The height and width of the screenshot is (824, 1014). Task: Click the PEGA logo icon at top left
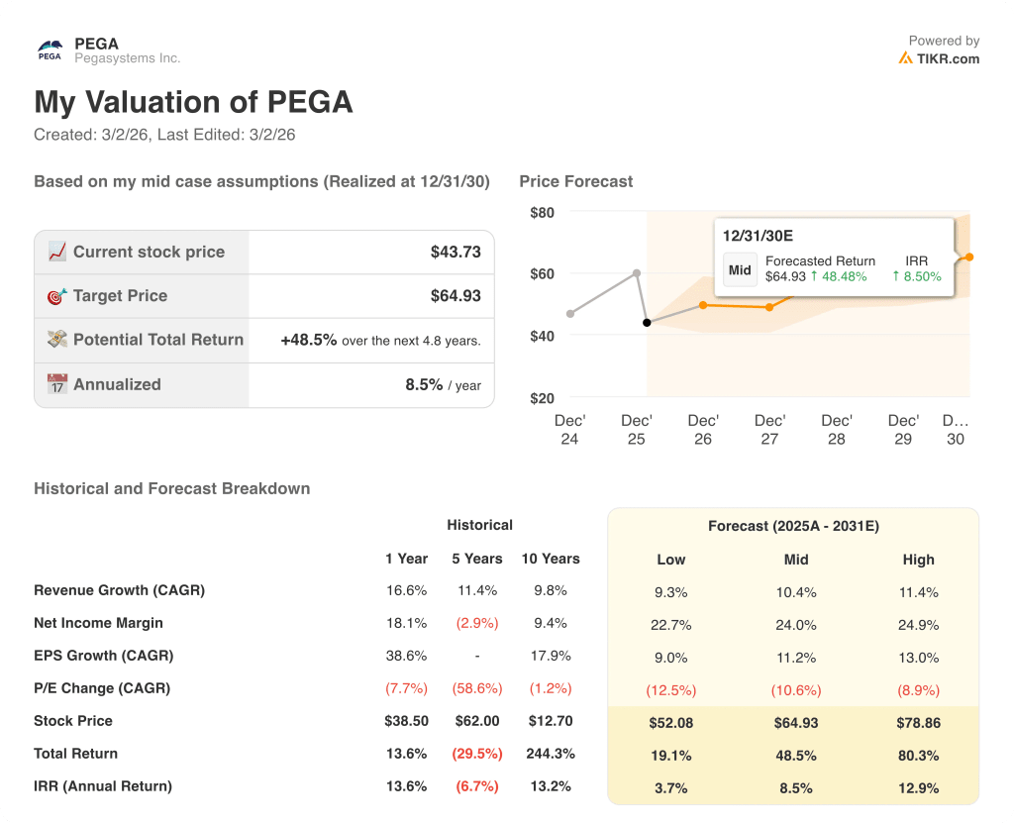click(x=50, y=50)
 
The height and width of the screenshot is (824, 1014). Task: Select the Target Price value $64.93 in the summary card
click(x=456, y=295)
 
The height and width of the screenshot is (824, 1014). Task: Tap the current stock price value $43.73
click(x=456, y=252)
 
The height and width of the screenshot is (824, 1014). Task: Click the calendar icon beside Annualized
click(x=57, y=384)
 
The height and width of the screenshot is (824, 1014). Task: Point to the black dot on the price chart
click(x=647, y=323)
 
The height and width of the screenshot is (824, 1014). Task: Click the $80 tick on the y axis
click(x=542, y=212)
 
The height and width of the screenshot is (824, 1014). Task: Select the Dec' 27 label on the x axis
click(x=769, y=429)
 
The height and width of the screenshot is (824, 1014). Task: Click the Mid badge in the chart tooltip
click(x=740, y=269)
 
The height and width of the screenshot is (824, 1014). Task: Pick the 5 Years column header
click(x=478, y=559)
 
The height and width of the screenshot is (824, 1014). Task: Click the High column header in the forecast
click(x=918, y=560)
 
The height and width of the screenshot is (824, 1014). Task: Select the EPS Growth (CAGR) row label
click(x=103, y=656)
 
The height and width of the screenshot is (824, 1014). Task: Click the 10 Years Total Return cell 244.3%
click(x=551, y=754)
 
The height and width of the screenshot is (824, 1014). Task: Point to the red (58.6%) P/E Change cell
click(x=478, y=688)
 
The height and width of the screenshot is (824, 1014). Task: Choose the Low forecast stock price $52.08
click(x=670, y=723)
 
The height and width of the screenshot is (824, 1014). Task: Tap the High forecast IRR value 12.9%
click(x=918, y=788)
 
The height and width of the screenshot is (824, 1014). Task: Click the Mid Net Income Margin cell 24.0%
click(x=796, y=625)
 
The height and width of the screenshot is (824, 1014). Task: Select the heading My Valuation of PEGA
click(x=193, y=102)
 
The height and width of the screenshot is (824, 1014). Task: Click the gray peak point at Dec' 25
click(x=636, y=272)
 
